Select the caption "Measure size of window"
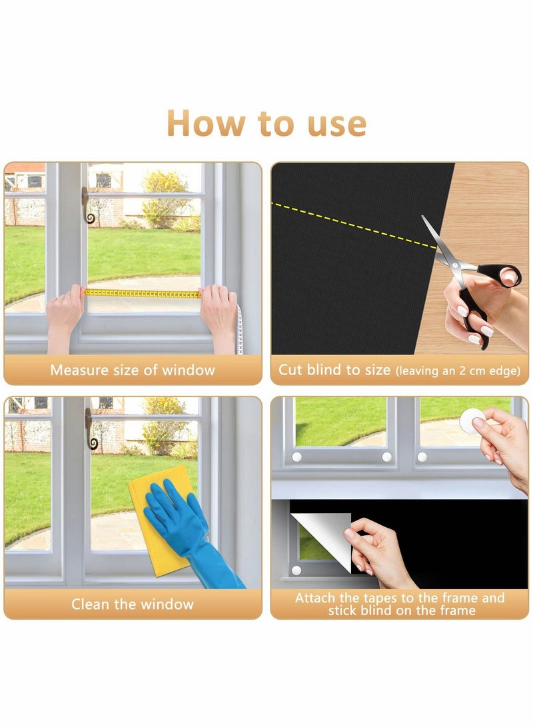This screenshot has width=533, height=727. pos(133,370)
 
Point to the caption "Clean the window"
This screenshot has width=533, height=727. pos(133,604)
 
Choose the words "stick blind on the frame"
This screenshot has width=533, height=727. pos(401,610)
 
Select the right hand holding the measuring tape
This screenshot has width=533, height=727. pos(219,310)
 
